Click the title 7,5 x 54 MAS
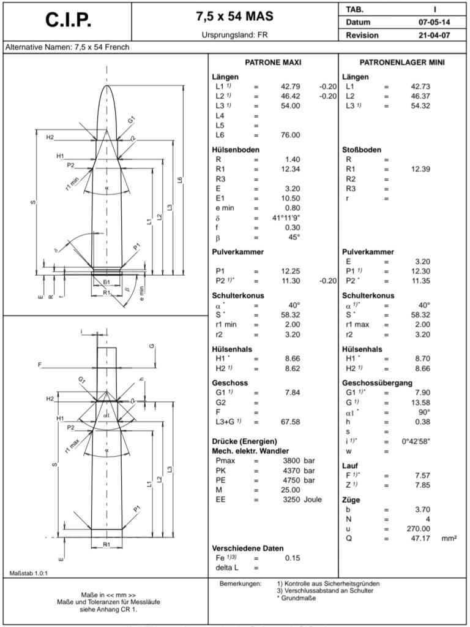230,16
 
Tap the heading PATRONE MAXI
273,63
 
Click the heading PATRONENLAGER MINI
402,63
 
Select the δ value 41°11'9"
286,218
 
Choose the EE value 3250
290,500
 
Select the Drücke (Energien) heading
244,441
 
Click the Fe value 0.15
292,558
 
